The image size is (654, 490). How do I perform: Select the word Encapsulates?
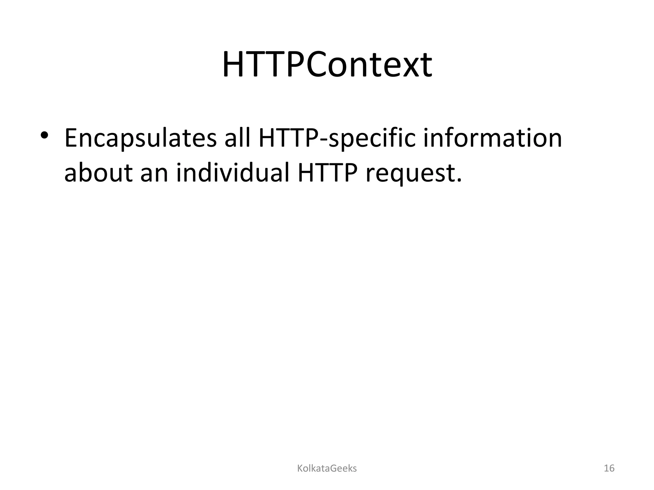[141, 139]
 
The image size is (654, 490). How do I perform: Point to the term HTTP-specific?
[337, 139]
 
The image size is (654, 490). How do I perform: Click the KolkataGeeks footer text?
[327, 469]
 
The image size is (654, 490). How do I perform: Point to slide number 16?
[609, 469]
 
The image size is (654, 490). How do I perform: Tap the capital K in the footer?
[300, 469]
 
